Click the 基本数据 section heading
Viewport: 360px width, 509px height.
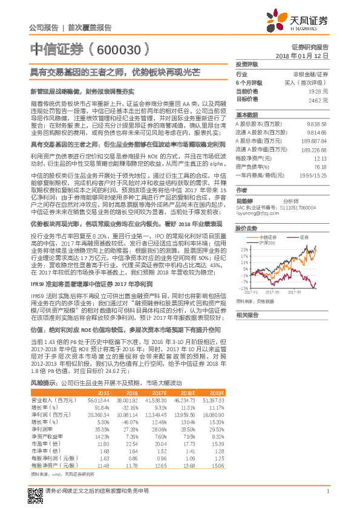coord(247,114)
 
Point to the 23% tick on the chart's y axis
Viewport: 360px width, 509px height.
coord(242,231)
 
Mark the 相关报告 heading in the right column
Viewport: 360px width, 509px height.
coord(247,315)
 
